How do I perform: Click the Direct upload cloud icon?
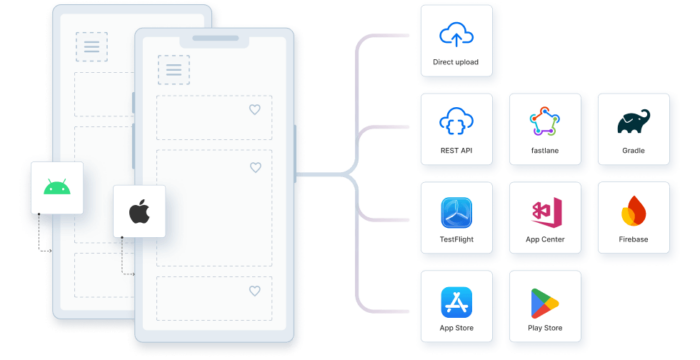click(456, 36)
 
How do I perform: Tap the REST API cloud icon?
click(456, 122)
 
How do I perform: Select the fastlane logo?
click(544, 122)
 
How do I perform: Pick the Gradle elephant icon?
click(632, 122)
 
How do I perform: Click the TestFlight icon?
click(456, 212)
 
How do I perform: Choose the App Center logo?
click(544, 212)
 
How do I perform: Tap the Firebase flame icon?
click(632, 212)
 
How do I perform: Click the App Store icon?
click(456, 300)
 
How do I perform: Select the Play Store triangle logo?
click(544, 300)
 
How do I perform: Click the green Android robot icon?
click(55, 187)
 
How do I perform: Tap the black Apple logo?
click(139, 211)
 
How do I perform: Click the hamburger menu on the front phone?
click(173, 70)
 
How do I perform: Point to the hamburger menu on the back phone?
click(91, 46)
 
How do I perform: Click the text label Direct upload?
click(456, 63)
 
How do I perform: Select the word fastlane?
click(544, 151)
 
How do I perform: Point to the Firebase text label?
click(632, 240)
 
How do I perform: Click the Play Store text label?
click(544, 328)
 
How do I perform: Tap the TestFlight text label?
click(456, 240)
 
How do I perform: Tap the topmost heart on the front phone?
click(254, 109)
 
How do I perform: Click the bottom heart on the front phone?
click(254, 291)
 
